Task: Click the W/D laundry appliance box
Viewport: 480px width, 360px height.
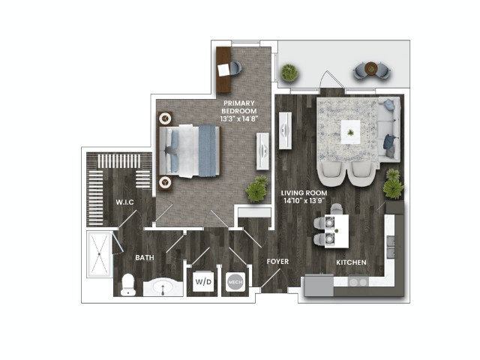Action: pyautogui.click(x=203, y=282)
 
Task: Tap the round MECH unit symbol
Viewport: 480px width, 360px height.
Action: pyautogui.click(x=235, y=282)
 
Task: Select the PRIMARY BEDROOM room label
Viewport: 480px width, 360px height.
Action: pyautogui.click(x=239, y=106)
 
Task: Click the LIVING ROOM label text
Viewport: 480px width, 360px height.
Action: pyautogui.click(x=304, y=193)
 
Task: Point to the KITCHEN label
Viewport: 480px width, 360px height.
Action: pyautogui.click(x=351, y=262)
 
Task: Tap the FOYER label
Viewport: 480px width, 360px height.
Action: pyautogui.click(x=277, y=262)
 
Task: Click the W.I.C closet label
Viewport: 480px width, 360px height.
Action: pyautogui.click(x=125, y=202)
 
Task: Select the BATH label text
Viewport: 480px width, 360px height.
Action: pyautogui.click(x=145, y=258)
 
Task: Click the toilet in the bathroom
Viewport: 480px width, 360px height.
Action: pyautogui.click(x=128, y=285)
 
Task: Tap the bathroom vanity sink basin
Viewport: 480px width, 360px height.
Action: pyautogui.click(x=163, y=287)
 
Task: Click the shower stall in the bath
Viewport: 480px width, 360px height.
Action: pyautogui.click(x=99, y=254)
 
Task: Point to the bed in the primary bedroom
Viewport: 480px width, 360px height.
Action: pyautogui.click(x=189, y=151)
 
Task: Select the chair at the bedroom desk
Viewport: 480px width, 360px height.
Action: pyautogui.click(x=235, y=69)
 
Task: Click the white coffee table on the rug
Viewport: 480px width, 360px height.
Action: pyautogui.click(x=350, y=132)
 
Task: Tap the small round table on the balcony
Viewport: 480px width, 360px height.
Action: pyautogui.click(x=371, y=68)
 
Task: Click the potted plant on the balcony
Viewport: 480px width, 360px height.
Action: pyautogui.click(x=289, y=73)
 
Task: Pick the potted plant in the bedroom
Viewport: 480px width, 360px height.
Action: pyautogui.click(x=256, y=189)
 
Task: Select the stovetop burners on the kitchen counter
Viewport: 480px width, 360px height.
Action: pyautogui.click(x=358, y=282)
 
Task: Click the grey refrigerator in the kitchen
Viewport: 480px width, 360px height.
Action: pyautogui.click(x=319, y=286)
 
